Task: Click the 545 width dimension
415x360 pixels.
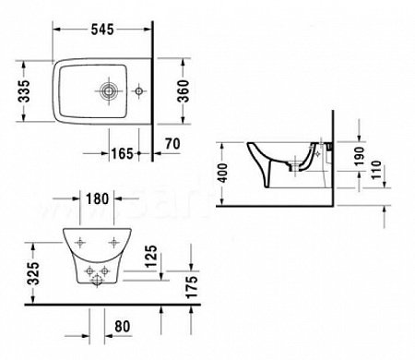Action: (x=102, y=30)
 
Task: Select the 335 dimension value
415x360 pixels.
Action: (x=24, y=91)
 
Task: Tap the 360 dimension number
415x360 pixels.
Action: (x=184, y=91)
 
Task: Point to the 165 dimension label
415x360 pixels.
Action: (x=122, y=153)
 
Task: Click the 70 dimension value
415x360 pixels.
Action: (x=172, y=144)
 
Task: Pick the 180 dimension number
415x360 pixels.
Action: (x=97, y=198)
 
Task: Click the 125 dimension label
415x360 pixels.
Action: (x=151, y=257)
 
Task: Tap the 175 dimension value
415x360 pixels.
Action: (x=192, y=287)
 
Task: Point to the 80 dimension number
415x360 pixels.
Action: (x=123, y=326)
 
